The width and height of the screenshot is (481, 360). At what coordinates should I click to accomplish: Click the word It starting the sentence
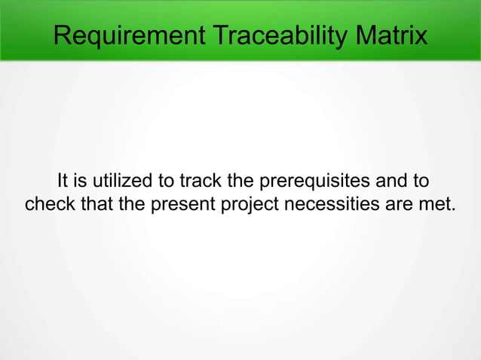point(63,182)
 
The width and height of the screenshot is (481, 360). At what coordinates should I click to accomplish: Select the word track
point(200,182)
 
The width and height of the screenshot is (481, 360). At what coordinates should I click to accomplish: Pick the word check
point(48,203)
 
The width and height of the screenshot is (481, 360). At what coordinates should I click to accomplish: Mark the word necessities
point(325,203)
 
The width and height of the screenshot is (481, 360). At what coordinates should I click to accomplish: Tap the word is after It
point(81,182)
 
